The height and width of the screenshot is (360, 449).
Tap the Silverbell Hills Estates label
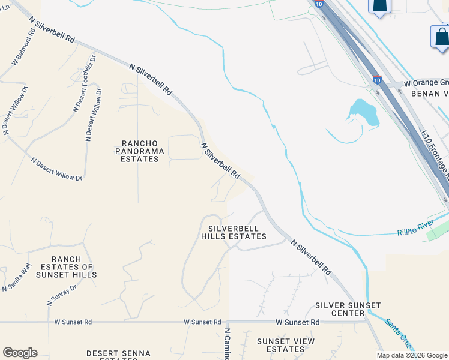point(237,232)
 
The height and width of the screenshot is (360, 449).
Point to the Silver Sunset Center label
point(340,309)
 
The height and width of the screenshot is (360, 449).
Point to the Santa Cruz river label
point(399,334)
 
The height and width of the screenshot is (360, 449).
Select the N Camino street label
point(228,344)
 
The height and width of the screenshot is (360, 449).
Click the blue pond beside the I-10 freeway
point(364,113)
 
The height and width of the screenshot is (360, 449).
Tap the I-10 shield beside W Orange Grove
point(376,79)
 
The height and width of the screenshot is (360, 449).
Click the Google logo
point(20,353)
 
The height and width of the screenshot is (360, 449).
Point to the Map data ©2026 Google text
point(411,355)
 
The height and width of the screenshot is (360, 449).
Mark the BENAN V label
point(429,94)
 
